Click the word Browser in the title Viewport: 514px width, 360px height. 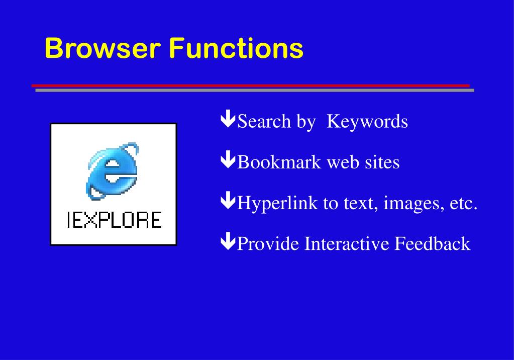click(102, 49)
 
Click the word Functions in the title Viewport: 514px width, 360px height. click(236, 49)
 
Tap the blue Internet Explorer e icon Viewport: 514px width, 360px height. click(114, 171)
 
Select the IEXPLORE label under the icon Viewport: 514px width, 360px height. click(114, 220)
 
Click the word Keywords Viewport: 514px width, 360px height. click(367, 121)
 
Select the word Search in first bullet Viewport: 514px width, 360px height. click(264, 121)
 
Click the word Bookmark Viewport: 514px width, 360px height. click(279, 162)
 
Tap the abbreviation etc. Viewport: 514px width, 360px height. click(463, 203)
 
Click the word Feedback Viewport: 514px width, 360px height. click(432, 244)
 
